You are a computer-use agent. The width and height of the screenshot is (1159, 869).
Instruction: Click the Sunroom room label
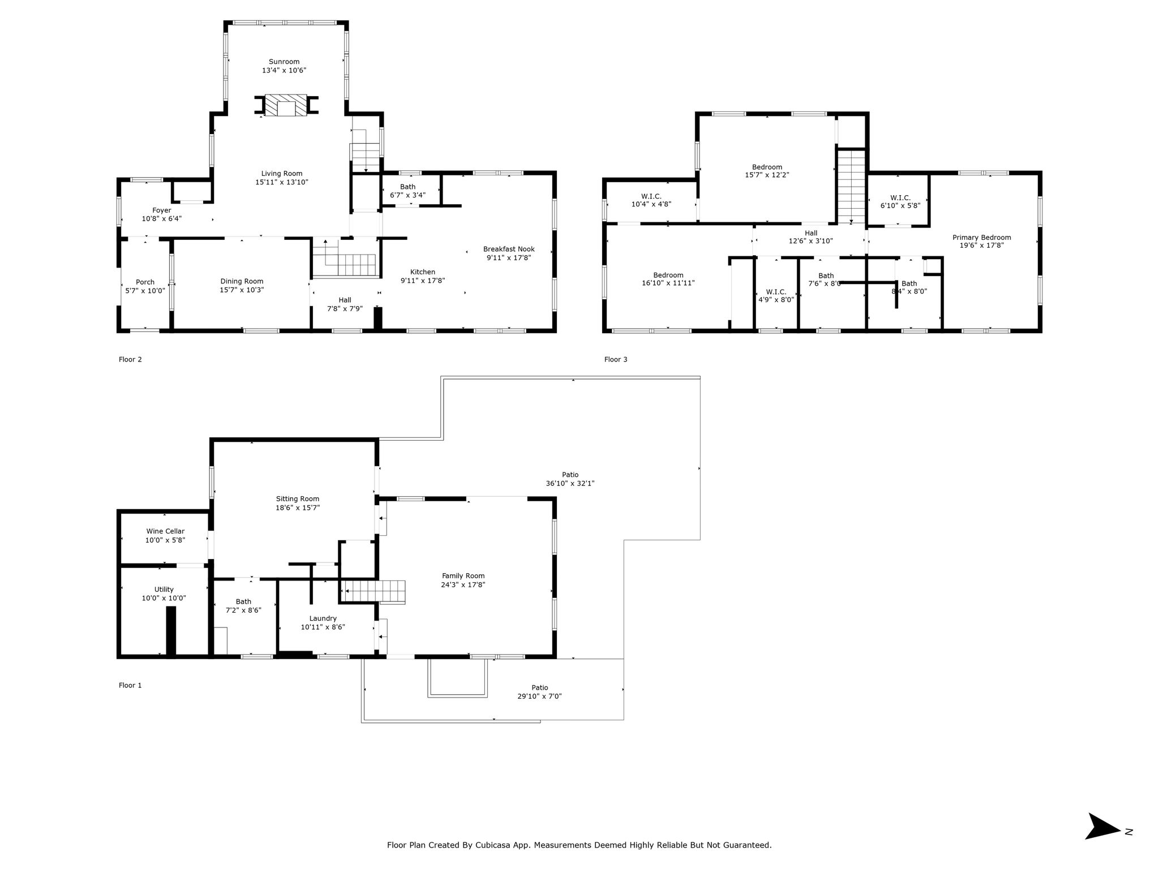[x=284, y=62]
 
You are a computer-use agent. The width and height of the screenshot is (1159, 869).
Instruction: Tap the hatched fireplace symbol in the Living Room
[x=286, y=105]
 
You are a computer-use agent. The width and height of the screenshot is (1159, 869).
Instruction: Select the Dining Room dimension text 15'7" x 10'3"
[x=242, y=290]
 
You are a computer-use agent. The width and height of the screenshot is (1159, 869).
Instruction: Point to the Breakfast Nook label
[x=509, y=249]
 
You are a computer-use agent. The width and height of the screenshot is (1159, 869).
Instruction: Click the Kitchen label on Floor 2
[x=423, y=272]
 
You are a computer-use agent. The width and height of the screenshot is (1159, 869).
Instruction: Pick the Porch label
[x=145, y=282]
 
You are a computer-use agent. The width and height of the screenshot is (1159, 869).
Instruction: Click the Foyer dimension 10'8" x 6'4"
[x=162, y=218]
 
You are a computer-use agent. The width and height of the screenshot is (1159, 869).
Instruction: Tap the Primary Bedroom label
[x=982, y=238]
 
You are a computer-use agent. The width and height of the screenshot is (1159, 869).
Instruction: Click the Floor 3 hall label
[x=811, y=233]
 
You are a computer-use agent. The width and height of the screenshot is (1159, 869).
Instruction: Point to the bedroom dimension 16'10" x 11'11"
[x=668, y=283]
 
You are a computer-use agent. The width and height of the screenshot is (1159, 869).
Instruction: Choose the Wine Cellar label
[x=165, y=531]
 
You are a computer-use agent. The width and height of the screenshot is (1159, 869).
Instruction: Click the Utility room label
[x=164, y=590]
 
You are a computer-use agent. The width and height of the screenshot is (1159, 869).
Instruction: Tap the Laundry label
[x=323, y=618]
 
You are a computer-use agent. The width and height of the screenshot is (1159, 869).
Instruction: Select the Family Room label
[x=463, y=576]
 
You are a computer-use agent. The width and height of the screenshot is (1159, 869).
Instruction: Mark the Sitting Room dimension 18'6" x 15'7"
[x=298, y=507]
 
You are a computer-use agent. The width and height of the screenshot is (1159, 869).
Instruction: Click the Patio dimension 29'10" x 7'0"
[x=540, y=696]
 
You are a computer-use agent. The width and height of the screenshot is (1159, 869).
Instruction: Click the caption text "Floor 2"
[x=130, y=359]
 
